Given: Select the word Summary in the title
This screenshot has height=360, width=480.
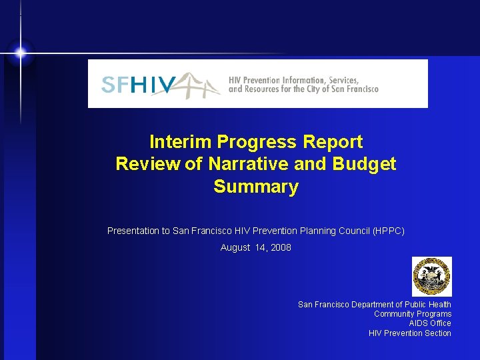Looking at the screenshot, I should (256, 187).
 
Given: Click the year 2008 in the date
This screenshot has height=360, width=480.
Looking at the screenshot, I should (280, 248).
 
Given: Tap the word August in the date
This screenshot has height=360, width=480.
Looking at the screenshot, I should (235, 248).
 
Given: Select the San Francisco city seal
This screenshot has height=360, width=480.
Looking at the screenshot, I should (431, 276).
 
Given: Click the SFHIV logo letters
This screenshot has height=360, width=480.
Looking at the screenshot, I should (139, 85).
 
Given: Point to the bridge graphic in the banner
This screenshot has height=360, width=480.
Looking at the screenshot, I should (197, 85).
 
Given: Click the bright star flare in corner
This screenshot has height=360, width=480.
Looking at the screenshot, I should (21, 53).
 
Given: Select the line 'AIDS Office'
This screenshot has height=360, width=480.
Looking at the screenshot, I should (430, 323).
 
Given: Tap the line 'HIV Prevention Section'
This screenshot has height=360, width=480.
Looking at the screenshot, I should (410, 333).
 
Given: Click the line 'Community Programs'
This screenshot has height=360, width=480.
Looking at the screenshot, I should (413, 314).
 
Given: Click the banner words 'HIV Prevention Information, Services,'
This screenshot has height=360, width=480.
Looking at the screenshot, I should (294, 80).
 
